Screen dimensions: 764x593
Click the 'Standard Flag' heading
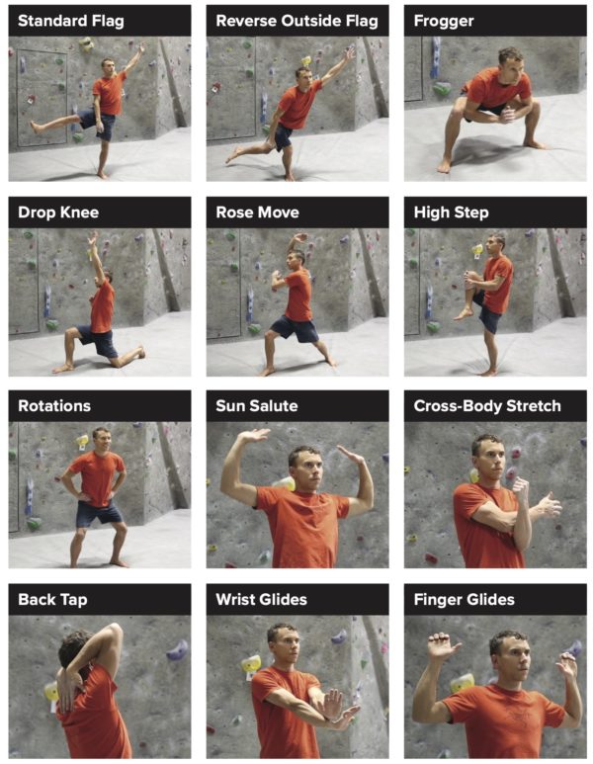click(x=71, y=21)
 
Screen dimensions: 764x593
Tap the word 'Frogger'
click(x=444, y=21)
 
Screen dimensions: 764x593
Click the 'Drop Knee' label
click(x=58, y=212)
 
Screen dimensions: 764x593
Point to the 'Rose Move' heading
click(x=257, y=212)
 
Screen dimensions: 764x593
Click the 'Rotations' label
click(x=54, y=406)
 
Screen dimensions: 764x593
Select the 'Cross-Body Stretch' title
click(x=487, y=406)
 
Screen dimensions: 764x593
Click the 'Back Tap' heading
click(x=54, y=599)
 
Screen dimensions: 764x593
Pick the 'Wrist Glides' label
click(x=261, y=599)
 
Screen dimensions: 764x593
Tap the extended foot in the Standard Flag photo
click(x=35, y=127)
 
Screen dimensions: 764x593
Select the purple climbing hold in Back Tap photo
click(x=176, y=650)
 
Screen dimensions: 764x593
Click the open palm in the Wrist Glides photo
click(x=332, y=703)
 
